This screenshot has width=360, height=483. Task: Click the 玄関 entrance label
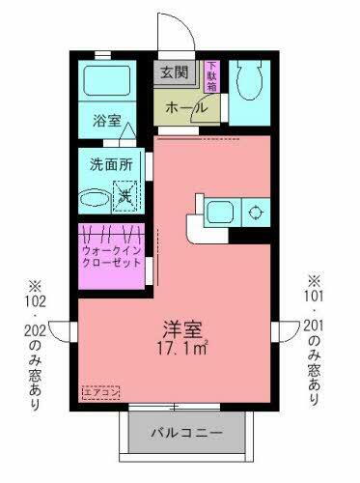[175, 73]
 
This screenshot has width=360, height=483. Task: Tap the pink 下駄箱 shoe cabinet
[211, 75]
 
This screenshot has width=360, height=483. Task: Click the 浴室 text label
[106, 122]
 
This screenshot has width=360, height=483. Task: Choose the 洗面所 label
[111, 166]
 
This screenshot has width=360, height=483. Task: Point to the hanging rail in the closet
[111, 235]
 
